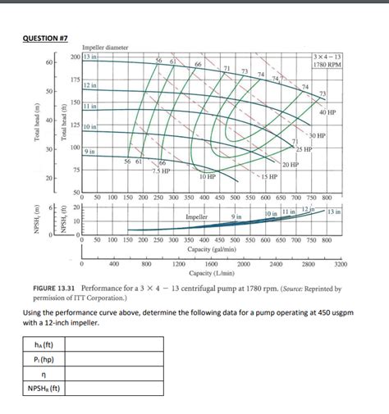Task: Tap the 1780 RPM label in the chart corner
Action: pos(328,64)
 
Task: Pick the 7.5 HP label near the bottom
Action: pos(161,171)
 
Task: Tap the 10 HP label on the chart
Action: pos(208,176)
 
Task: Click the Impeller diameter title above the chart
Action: pos(105,48)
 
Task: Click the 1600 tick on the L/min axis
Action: pos(211,264)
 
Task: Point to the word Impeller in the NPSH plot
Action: pos(197,216)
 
